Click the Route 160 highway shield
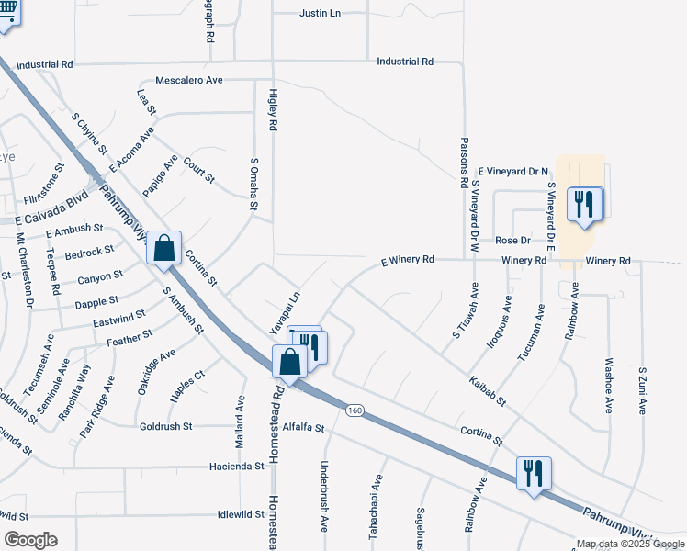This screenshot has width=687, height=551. (354, 410)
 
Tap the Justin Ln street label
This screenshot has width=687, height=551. (321, 14)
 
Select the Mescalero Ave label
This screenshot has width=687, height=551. (189, 81)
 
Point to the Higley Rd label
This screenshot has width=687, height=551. (273, 109)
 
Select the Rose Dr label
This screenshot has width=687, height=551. (512, 241)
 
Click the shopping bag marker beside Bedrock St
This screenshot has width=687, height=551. (163, 248)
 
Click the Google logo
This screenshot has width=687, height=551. (30, 539)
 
